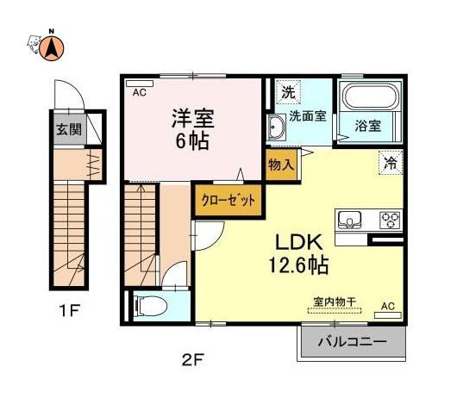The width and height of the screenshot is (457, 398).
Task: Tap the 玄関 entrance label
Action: pos(69,129)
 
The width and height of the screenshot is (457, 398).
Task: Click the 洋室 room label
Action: pos(193,118)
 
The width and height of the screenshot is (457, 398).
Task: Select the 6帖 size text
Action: pos(192,140)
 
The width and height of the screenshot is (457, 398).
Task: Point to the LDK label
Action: pos(299,242)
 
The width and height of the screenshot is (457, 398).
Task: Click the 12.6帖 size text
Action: pos(298,264)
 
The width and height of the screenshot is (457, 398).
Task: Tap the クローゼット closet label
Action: pos(228,201)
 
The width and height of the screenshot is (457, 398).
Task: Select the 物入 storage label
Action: pos(281,165)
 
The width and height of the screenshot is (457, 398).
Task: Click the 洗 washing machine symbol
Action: pos(288,91)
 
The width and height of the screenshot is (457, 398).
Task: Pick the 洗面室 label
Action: pos(308,116)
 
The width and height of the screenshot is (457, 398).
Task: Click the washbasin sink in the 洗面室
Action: pos(276,127)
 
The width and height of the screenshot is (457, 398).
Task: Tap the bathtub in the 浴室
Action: pos(370,96)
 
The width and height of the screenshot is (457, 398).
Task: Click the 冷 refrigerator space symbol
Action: pos(391,163)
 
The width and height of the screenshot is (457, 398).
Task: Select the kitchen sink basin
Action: pos(349,219)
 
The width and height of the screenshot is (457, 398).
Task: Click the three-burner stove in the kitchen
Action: pos(390,221)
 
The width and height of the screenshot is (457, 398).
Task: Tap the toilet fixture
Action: pos(149,306)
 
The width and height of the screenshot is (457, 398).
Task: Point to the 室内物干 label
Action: pos(335,302)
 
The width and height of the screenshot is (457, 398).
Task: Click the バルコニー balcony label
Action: pos(353,341)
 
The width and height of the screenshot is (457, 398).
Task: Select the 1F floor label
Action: pos(69,311)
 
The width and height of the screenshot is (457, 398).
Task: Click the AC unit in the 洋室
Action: pos(140,84)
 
